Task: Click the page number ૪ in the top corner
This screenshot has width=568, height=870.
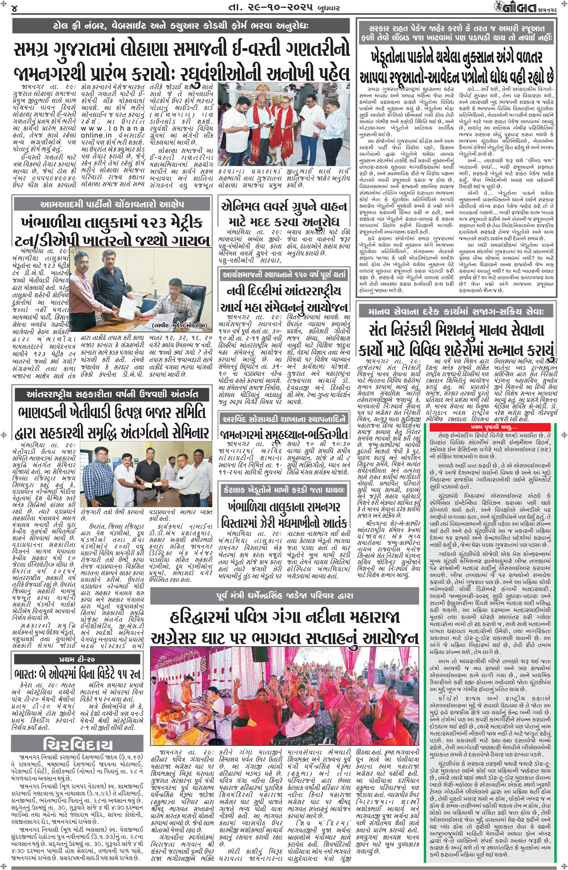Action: (x=15, y=8)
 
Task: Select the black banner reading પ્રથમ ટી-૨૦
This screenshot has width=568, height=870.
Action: (x=76, y=659)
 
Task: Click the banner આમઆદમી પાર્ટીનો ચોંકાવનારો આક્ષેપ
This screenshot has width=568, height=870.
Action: (x=112, y=205)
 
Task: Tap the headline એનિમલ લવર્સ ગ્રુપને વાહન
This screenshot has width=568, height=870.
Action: (x=284, y=207)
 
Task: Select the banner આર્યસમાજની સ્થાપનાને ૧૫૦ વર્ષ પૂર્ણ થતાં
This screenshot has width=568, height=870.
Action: (x=284, y=275)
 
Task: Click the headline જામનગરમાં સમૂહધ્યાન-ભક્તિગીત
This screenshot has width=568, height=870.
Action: (x=284, y=434)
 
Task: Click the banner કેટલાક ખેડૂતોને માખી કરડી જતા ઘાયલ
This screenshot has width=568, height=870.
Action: (x=284, y=490)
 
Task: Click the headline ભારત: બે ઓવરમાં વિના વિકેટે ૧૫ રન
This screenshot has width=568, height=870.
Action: (x=76, y=673)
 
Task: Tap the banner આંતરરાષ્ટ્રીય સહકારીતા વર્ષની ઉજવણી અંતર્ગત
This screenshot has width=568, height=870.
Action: (x=112, y=394)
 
